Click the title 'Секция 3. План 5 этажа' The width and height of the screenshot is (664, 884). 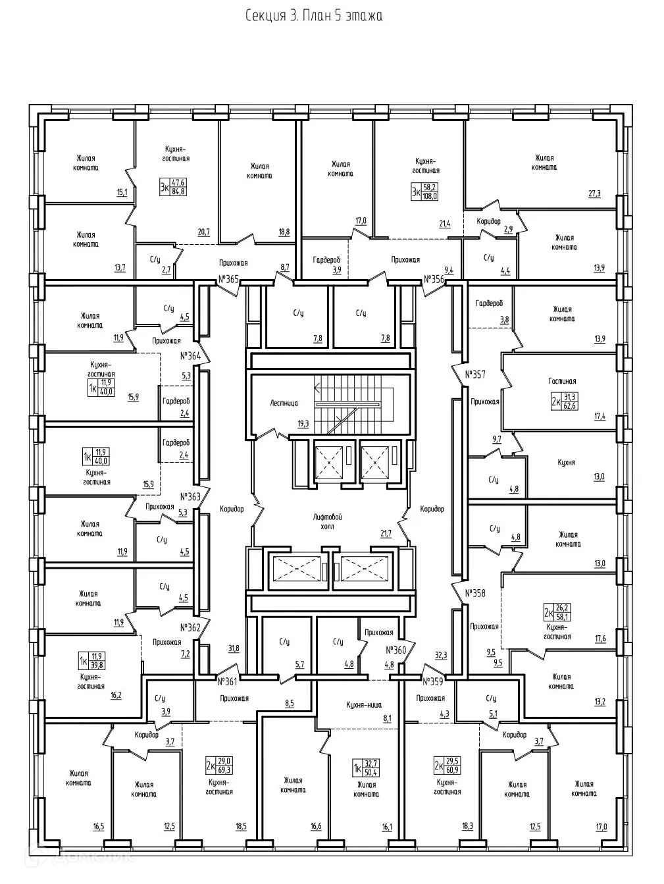(x=313, y=15)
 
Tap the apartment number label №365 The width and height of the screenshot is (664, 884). (x=228, y=279)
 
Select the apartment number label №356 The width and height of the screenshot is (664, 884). (x=434, y=279)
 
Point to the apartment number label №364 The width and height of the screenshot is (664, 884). (x=190, y=356)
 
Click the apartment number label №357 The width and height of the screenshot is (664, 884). (x=474, y=375)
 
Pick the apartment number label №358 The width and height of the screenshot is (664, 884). (x=474, y=593)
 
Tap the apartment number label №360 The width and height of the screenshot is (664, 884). (x=397, y=650)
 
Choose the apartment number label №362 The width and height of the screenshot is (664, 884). (x=190, y=627)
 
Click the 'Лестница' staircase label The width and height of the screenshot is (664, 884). (x=284, y=403)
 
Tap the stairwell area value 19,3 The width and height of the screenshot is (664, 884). (x=303, y=424)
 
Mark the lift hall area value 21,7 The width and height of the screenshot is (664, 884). (x=384, y=534)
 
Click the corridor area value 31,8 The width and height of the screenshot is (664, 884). (x=234, y=648)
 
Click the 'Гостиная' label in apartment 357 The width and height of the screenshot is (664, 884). (x=562, y=381)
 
